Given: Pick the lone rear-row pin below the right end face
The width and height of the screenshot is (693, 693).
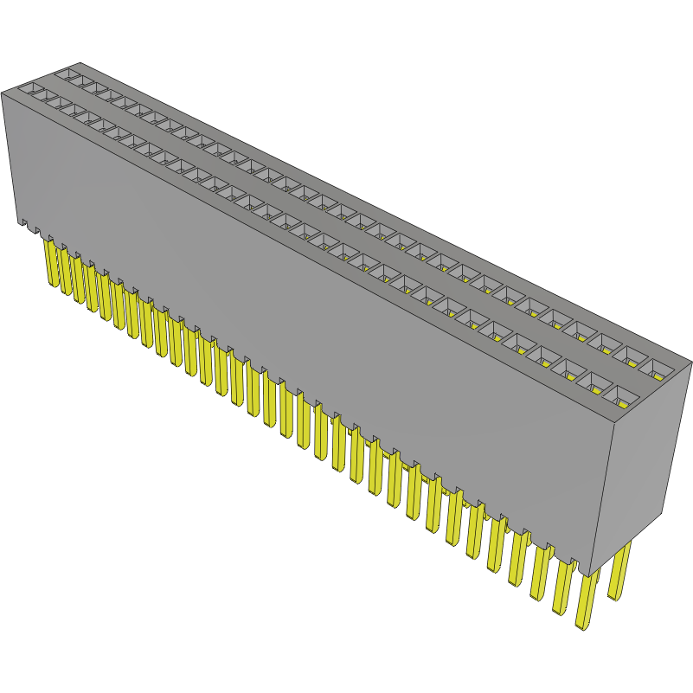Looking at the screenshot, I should click(619, 571).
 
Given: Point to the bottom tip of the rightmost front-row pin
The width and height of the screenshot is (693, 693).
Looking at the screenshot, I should click(584, 625).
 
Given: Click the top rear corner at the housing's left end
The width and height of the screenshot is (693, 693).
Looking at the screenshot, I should click(80, 63).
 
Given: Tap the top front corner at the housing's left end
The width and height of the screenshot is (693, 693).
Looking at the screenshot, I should click(2, 90).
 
